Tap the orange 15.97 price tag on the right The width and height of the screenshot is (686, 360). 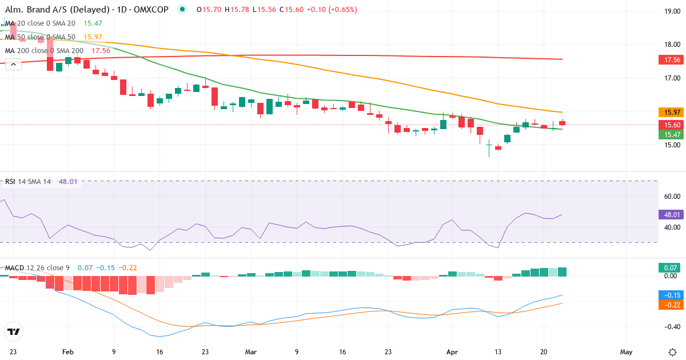point(669,112)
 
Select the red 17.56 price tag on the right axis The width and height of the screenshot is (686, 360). point(669,59)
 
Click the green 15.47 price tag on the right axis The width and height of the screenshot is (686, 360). point(669,134)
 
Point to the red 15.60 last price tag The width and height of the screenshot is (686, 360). point(669,125)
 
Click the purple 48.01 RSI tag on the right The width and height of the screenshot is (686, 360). point(669,215)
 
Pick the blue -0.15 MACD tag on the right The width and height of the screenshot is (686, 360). point(669,295)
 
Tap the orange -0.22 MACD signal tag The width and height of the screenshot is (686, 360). point(669,305)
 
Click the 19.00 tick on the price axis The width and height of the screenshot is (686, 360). point(669,11)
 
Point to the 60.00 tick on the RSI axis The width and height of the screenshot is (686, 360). point(669,196)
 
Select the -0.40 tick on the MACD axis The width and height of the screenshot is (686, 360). point(669,327)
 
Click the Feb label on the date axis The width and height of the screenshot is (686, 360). point(68,352)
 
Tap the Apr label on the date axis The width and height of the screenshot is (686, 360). point(452,352)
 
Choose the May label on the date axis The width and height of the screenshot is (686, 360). point(627,352)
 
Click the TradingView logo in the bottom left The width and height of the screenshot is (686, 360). point(14,331)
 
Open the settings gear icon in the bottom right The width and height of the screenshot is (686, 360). point(672,351)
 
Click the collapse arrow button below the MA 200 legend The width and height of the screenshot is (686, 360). point(14,64)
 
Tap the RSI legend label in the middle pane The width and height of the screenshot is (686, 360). point(10,182)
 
